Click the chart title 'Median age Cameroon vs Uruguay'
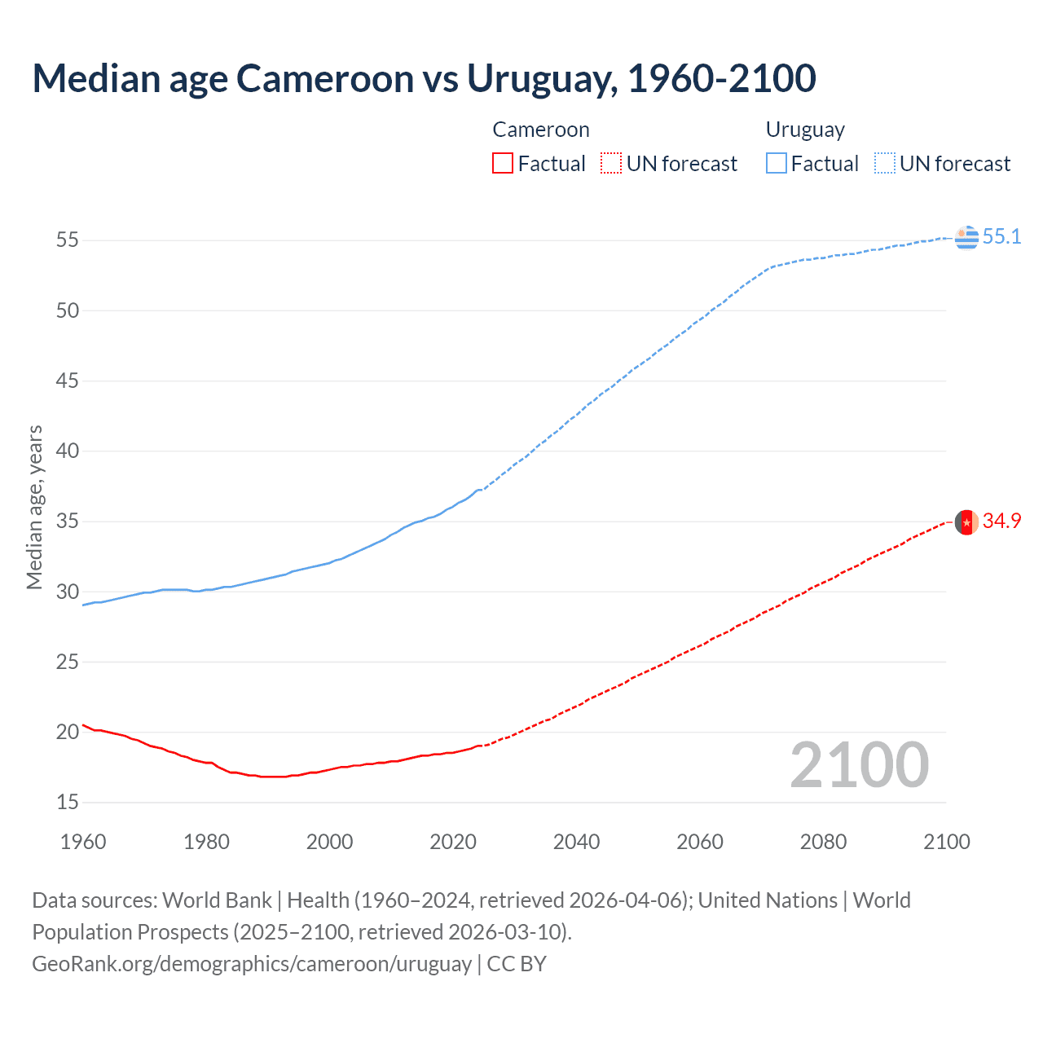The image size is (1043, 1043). (x=424, y=78)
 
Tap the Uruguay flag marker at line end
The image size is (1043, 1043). (x=966, y=237)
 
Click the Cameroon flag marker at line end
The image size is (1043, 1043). (x=966, y=521)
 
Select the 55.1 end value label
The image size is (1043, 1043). (x=1001, y=237)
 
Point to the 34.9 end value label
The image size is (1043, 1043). (x=1001, y=521)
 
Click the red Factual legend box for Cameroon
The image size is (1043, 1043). (x=503, y=164)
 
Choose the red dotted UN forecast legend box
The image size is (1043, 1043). (x=611, y=164)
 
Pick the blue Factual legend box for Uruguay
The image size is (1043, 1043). (x=777, y=164)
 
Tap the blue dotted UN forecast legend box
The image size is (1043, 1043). (x=885, y=164)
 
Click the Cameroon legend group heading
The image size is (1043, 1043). (x=541, y=130)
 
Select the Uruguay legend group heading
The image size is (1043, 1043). (x=805, y=130)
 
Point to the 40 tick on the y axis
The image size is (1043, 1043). (x=68, y=451)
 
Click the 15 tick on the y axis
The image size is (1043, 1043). (x=68, y=803)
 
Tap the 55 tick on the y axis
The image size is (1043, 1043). (x=68, y=240)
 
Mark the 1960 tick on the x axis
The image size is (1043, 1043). (x=83, y=842)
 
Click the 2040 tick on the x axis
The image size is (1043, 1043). (x=576, y=842)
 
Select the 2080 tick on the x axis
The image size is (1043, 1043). (x=823, y=842)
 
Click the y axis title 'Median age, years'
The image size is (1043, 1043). (x=34, y=507)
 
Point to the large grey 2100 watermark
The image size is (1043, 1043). (x=860, y=765)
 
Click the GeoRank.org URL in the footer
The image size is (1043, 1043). (x=252, y=964)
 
